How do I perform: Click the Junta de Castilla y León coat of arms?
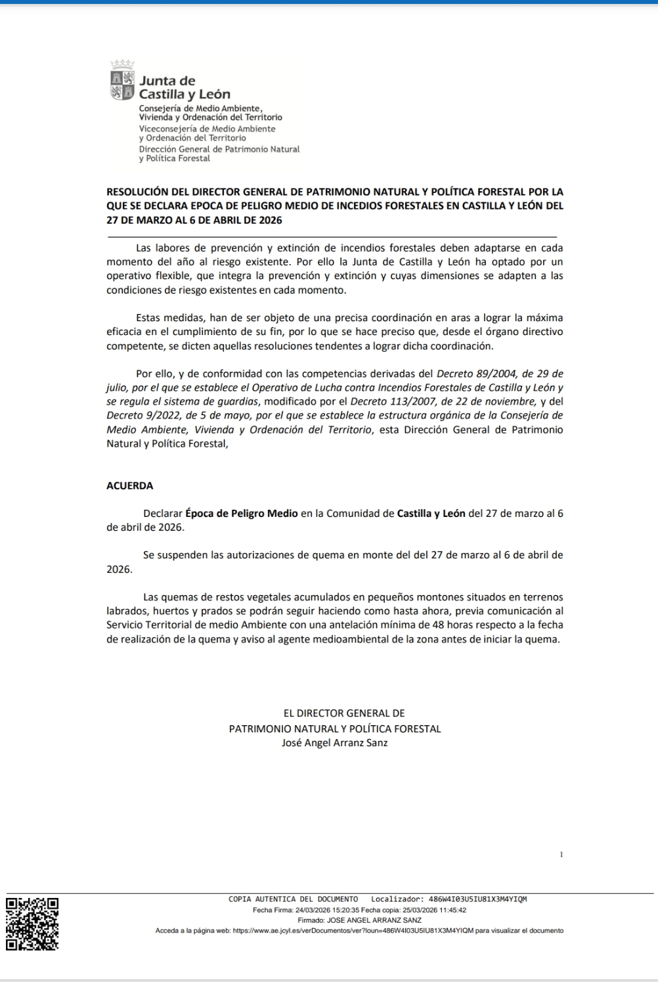(121, 83)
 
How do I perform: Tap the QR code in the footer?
(32, 924)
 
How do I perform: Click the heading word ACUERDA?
(130, 486)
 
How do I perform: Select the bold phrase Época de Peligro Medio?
(242, 514)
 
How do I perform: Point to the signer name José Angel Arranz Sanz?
(334, 743)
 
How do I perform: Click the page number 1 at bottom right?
(561, 855)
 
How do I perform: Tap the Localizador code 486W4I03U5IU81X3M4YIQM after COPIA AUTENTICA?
(477, 899)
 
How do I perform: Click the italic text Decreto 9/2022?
(143, 415)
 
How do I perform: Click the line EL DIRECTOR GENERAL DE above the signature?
(343, 713)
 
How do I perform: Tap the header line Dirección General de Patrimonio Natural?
(219, 149)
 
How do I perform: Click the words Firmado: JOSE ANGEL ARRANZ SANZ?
(359, 920)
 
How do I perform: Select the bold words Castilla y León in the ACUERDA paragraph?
(431, 514)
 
